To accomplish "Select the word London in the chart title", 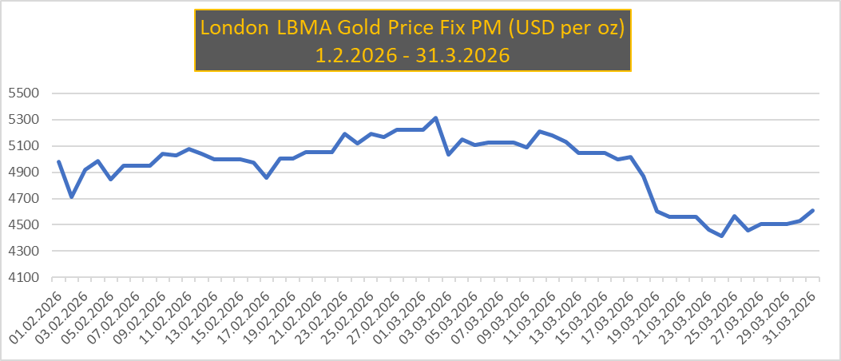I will (233, 27).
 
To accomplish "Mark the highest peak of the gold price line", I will (434, 118).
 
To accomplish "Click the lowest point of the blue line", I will (722, 236).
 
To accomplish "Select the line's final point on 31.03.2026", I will (812, 211).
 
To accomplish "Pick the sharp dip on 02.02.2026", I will (71, 196).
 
